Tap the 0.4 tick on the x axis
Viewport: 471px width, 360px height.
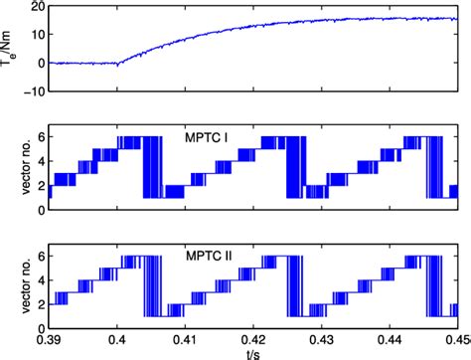[117, 339]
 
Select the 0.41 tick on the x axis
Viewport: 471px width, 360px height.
[185, 339]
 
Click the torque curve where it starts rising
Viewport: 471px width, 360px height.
[118, 62]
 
